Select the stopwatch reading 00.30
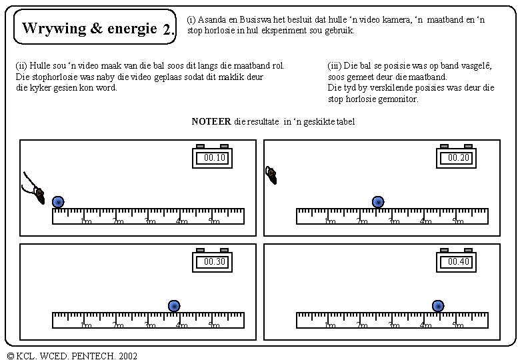pyautogui.click(x=214, y=260)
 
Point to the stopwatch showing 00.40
pyautogui.click(x=458, y=260)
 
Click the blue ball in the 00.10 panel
pyautogui.click(x=58, y=202)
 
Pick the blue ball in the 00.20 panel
pyautogui.click(x=378, y=202)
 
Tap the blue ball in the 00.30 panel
pyautogui.click(x=174, y=306)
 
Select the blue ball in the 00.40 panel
pyautogui.click(x=438, y=306)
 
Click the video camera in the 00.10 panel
pyautogui.click(x=37, y=193)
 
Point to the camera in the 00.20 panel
pyautogui.click(x=271, y=175)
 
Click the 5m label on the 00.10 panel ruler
pyautogui.click(x=214, y=222)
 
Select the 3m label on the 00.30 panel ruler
pyautogui.click(x=150, y=326)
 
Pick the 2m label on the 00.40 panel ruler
pyautogui.click(x=362, y=326)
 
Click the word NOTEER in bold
pyautogui.click(x=211, y=121)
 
